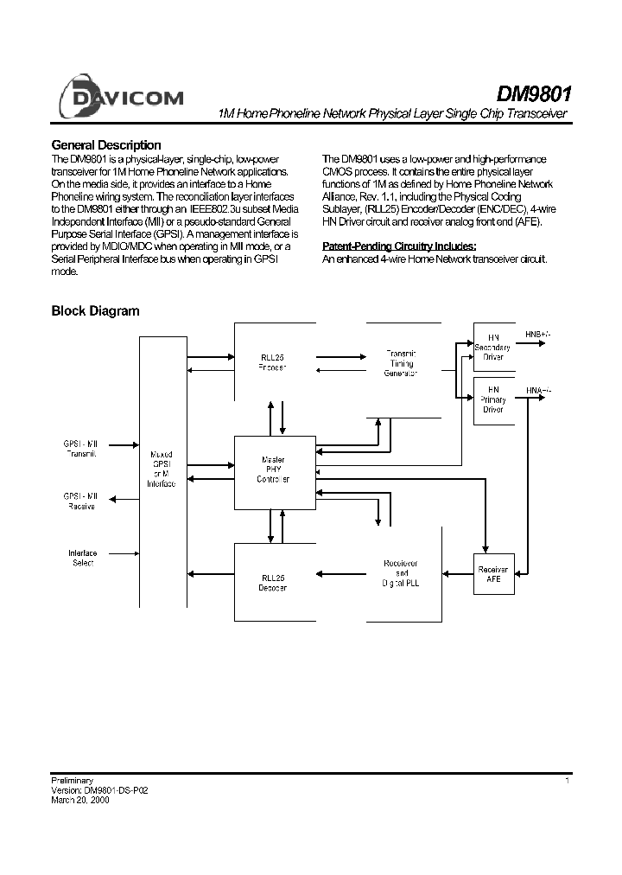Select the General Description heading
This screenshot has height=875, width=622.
(x=106, y=145)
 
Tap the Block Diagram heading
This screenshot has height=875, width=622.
(x=95, y=311)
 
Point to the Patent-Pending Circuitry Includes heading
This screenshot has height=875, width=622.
(x=399, y=246)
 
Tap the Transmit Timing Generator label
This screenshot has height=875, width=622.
(x=400, y=363)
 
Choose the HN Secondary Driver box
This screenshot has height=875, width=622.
(x=493, y=348)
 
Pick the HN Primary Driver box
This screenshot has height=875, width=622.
(x=493, y=399)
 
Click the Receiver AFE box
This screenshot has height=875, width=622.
(x=493, y=575)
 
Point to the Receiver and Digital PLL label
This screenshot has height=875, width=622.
(x=400, y=573)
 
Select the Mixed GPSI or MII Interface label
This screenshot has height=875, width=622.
(x=162, y=469)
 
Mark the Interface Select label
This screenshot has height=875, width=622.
(x=82, y=558)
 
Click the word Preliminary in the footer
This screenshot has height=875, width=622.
(x=73, y=781)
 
